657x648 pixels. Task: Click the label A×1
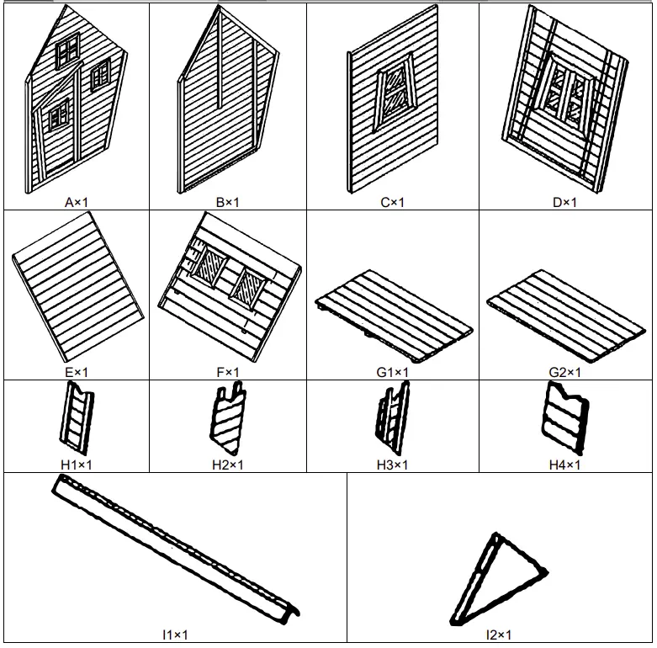tap(76, 202)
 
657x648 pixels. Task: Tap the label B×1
tap(227, 202)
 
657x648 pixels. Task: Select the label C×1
tap(392, 202)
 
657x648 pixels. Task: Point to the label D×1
tap(565, 202)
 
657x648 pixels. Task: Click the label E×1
tap(76, 372)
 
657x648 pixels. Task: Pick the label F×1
tap(227, 372)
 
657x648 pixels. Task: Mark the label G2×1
tap(565, 372)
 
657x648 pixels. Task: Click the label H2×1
tap(227, 465)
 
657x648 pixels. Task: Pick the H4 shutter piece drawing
tap(565, 417)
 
